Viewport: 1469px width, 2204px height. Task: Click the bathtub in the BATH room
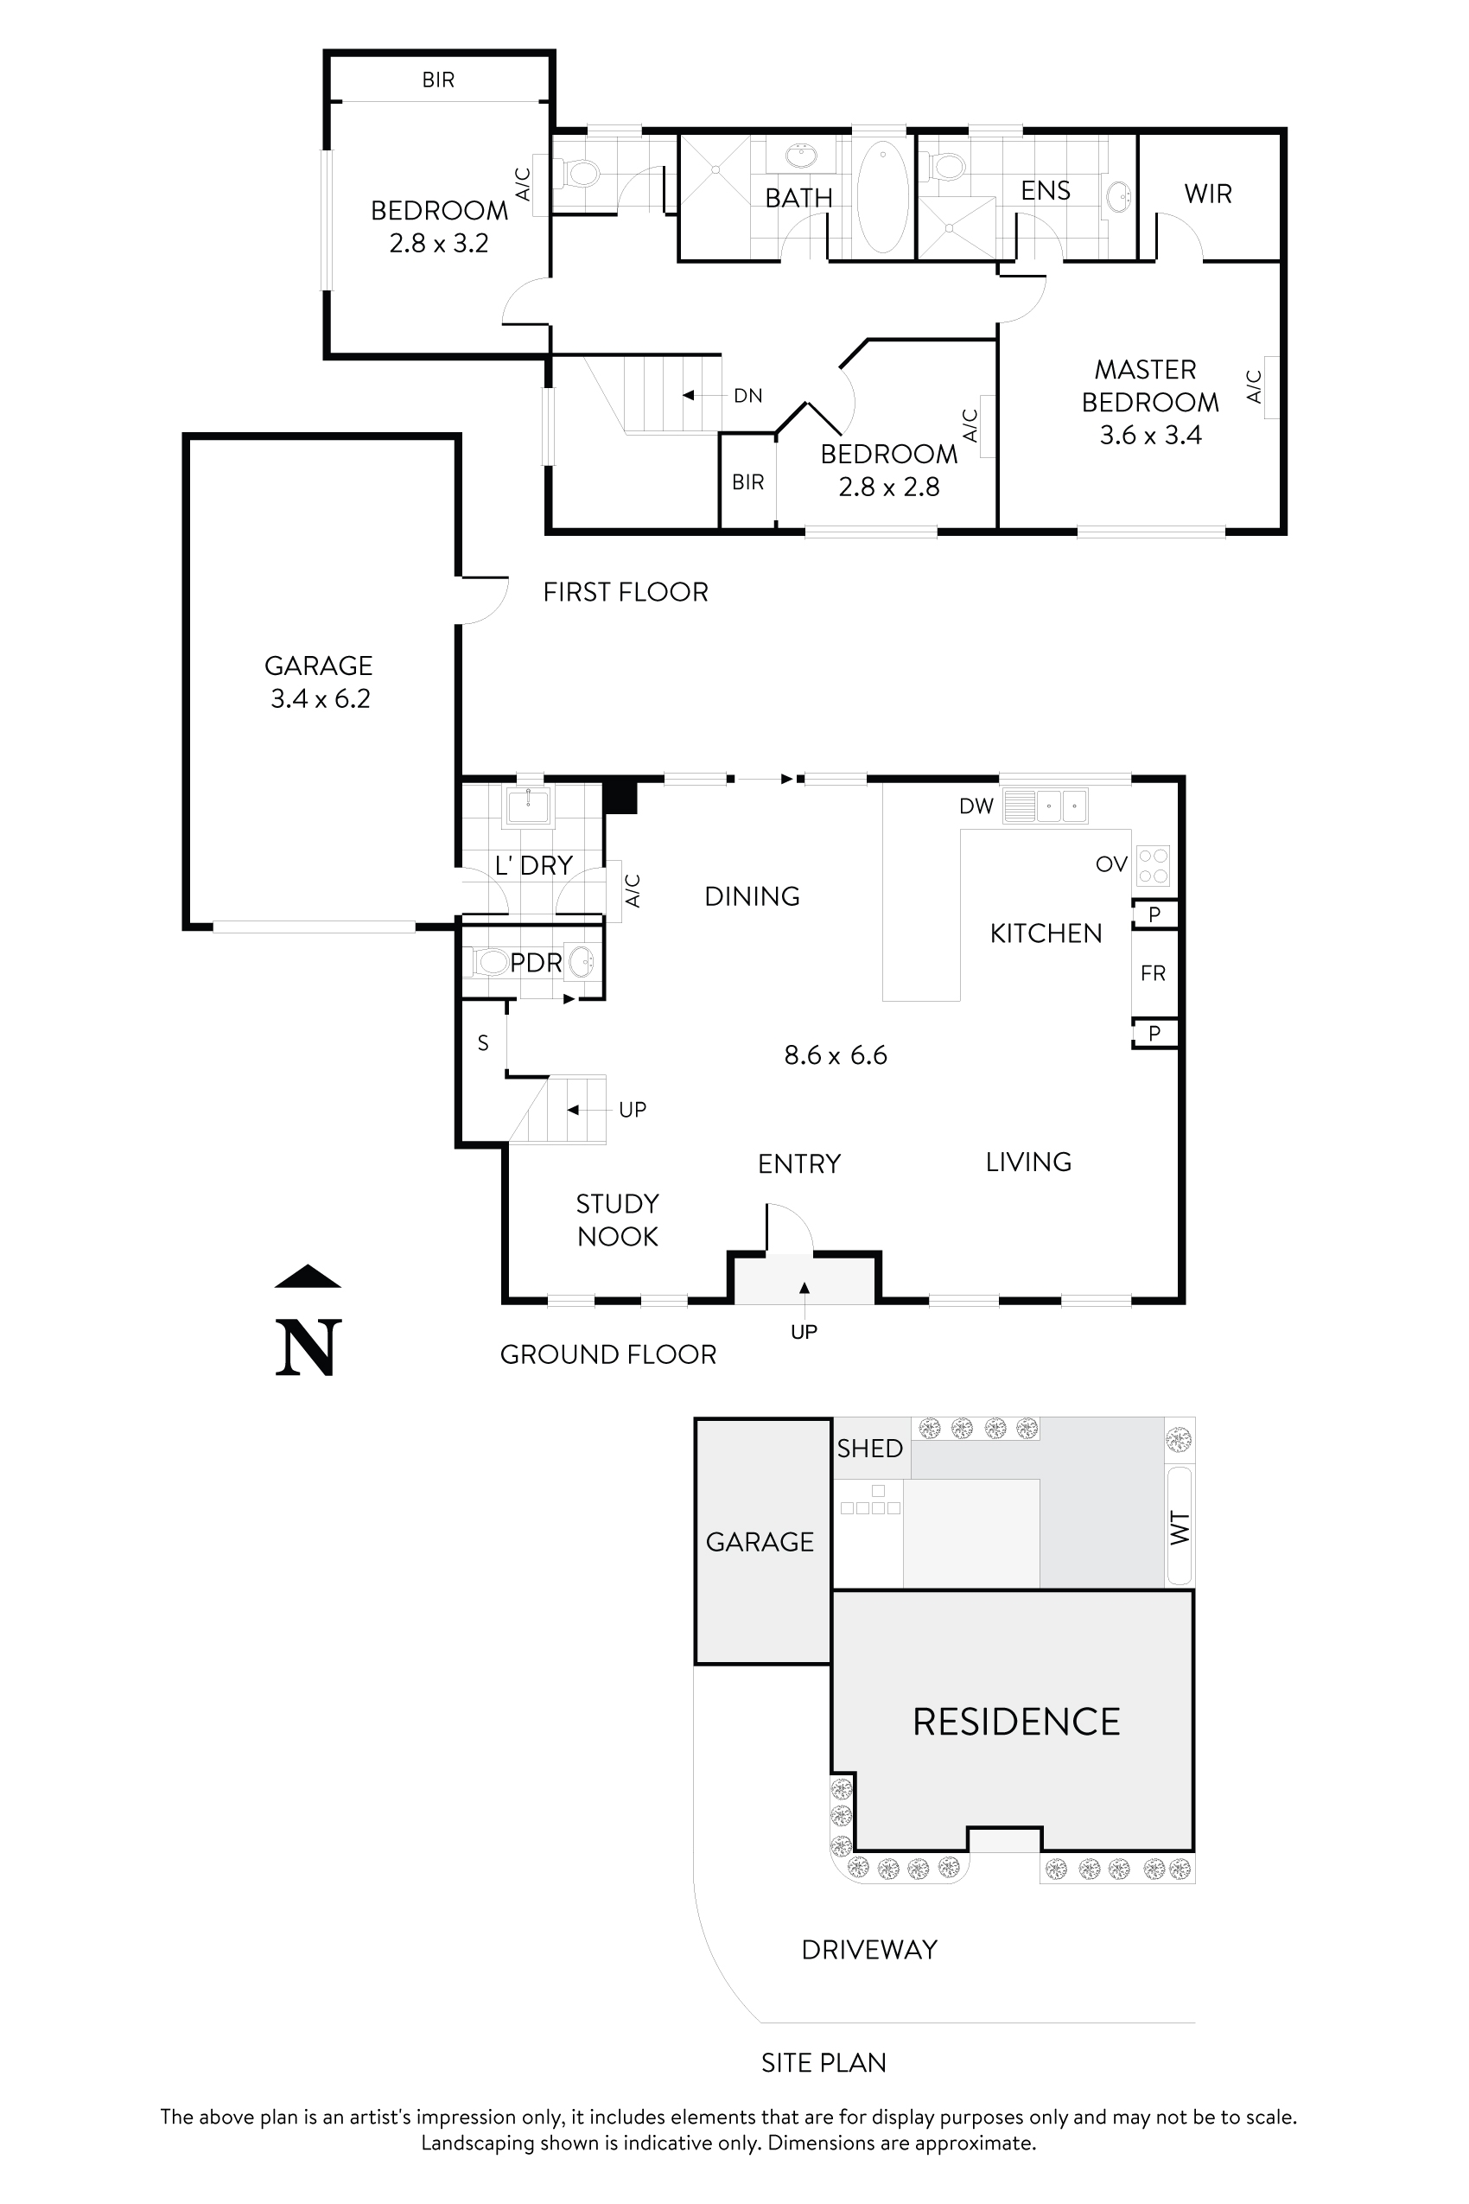(x=881, y=197)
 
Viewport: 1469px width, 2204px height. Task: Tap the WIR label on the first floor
(x=1208, y=194)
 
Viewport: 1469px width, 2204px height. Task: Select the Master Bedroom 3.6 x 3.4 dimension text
(x=1150, y=435)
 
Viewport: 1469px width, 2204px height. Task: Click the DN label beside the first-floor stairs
(x=747, y=396)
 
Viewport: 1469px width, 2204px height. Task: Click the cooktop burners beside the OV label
(x=1154, y=866)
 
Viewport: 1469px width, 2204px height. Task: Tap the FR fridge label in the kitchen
(x=1154, y=973)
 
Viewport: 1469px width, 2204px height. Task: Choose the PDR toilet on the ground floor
(x=490, y=962)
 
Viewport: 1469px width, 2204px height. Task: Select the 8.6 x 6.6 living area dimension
(x=835, y=1055)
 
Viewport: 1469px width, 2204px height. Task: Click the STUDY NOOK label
(x=617, y=1220)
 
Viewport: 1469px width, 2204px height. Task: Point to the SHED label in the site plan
(x=869, y=1449)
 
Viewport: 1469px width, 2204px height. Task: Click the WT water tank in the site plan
(x=1180, y=1526)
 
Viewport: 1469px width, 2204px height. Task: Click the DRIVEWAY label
(x=868, y=1950)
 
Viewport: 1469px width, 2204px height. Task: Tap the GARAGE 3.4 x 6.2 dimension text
(x=321, y=699)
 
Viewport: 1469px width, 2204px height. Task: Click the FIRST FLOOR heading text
(x=625, y=592)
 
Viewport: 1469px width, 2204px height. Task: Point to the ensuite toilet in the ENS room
(x=947, y=167)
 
